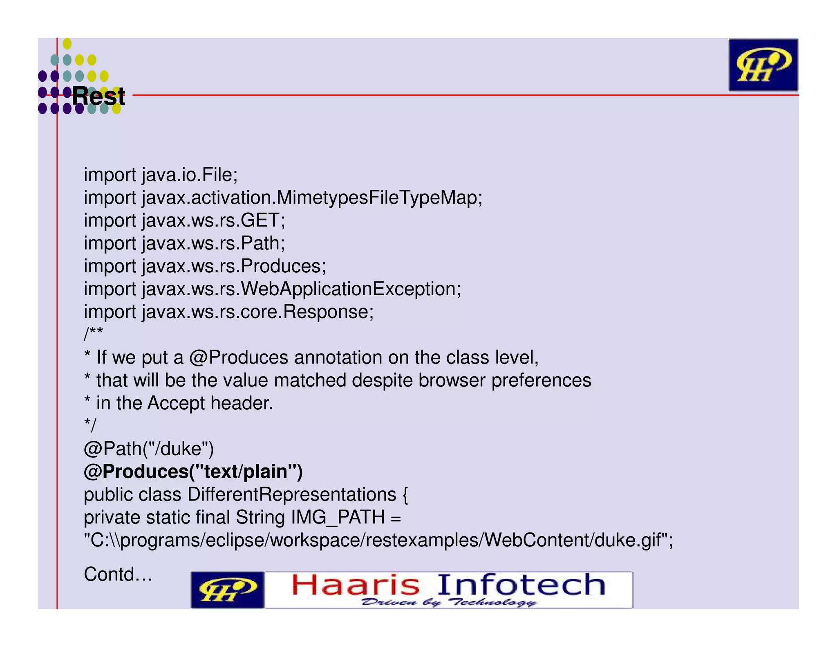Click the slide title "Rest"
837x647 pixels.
(98, 97)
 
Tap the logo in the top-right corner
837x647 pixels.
(763, 65)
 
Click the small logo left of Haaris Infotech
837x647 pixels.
(228, 590)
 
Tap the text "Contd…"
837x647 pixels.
(118, 574)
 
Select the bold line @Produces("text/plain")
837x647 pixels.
(193, 472)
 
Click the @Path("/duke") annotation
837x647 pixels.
(149, 449)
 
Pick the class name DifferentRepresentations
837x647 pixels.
(292, 494)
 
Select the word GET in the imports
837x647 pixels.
(260, 220)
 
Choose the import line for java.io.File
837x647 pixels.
(161, 175)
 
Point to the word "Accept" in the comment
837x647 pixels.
(176, 403)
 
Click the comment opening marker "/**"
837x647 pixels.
(93, 334)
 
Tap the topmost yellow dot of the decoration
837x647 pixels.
(67, 43)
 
